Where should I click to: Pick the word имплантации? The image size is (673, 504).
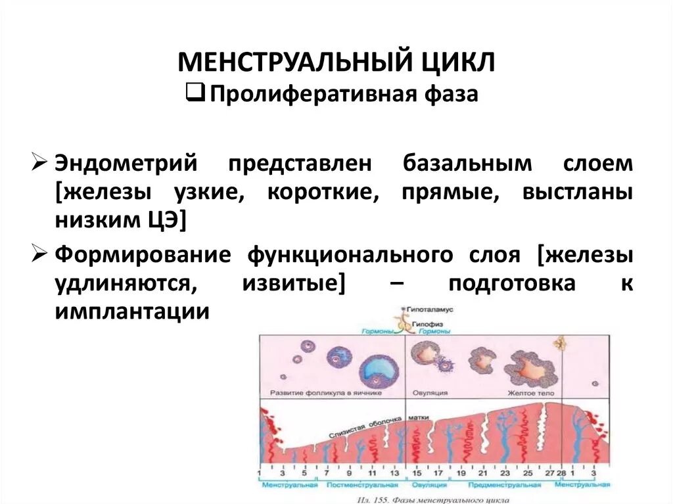[x=132, y=312]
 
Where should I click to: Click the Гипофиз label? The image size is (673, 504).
[x=428, y=323]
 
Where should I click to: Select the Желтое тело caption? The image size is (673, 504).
[x=525, y=392]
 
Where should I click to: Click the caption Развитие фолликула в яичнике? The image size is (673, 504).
[x=326, y=392]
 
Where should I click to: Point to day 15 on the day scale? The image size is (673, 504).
[x=416, y=472]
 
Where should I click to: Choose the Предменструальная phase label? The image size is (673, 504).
[x=504, y=485]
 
